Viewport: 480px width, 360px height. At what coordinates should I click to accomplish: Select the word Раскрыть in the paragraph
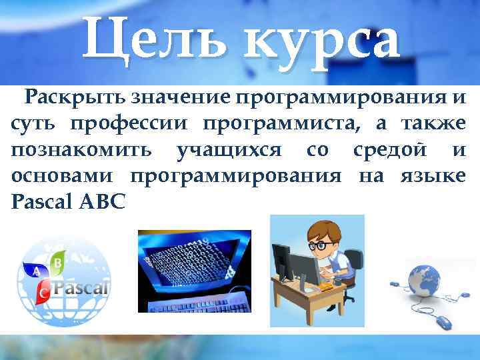point(74,99)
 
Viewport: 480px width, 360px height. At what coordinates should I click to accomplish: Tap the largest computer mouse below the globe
point(444,323)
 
